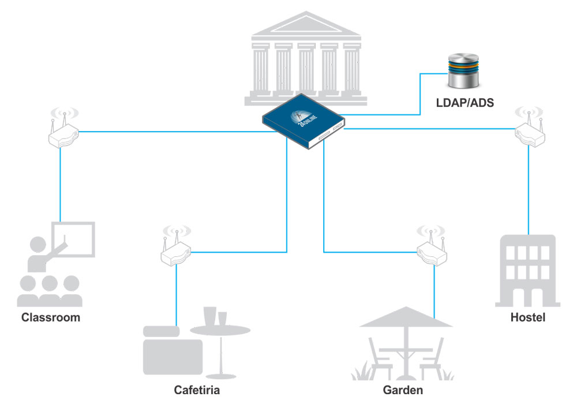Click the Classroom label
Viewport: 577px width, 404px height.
(51, 317)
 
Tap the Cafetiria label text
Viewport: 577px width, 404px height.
(197, 390)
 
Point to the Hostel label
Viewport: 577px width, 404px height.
(528, 317)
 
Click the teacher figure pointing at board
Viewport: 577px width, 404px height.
(42, 253)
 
